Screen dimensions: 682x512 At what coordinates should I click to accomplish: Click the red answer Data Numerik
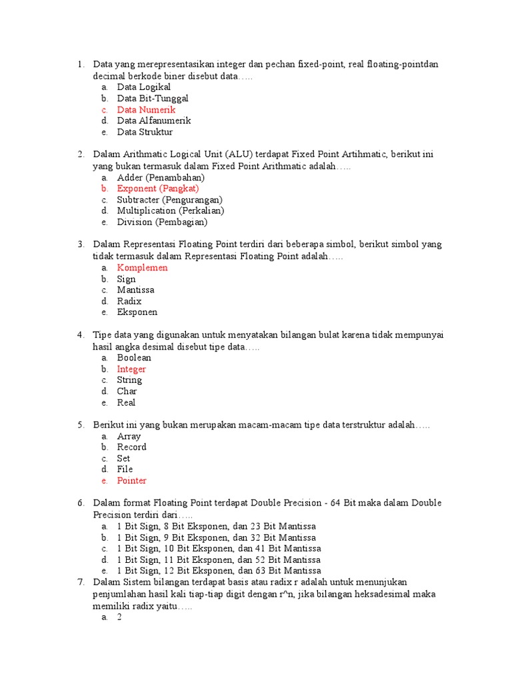[146, 110]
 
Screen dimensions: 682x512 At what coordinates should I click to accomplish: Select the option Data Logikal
[143, 87]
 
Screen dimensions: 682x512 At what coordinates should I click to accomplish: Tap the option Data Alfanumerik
[154, 121]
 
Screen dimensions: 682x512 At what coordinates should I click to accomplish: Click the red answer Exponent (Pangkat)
[158, 188]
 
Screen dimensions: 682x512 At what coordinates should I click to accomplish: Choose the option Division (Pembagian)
[162, 222]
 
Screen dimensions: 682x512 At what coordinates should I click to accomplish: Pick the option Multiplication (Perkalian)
[171, 211]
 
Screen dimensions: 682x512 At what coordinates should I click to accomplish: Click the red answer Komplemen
[142, 268]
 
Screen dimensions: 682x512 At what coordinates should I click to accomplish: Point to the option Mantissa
[135, 290]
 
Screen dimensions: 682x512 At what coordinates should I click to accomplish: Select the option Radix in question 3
[129, 301]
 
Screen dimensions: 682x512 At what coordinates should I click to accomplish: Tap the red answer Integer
[131, 369]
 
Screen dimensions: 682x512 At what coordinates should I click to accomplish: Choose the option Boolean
[134, 358]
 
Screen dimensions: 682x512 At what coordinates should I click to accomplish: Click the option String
[129, 380]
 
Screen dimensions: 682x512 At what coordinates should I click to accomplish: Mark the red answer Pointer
[131, 481]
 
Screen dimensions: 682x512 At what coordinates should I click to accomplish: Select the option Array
[129, 436]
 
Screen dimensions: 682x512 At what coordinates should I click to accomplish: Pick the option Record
[131, 447]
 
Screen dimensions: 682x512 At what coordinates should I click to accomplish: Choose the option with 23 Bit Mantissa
[216, 526]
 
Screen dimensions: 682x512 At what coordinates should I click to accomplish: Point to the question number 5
[80, 425]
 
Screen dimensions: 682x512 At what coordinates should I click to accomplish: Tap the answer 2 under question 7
[119, 617]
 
